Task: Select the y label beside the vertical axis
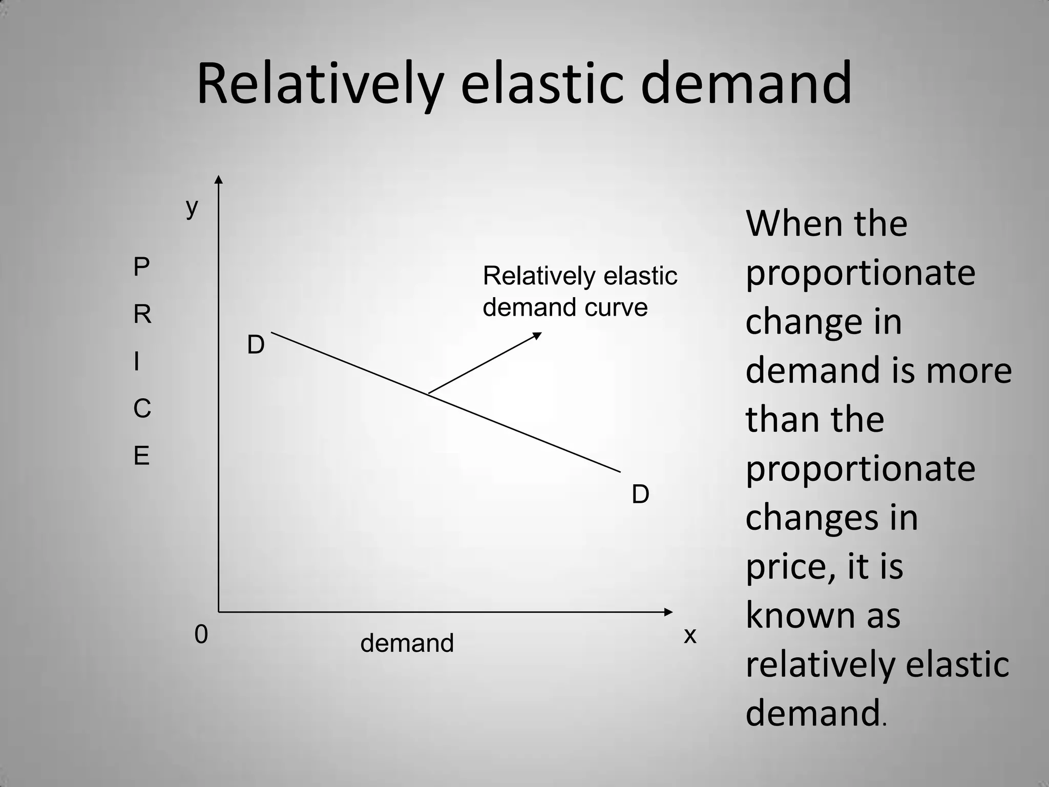point(192,208)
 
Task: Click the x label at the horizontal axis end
point(690,636)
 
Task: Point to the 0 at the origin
point(201,635)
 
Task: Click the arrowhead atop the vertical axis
point(219,179)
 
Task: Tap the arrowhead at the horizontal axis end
point(668,612)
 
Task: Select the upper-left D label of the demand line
point(256,345)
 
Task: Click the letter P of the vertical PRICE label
point(141,267)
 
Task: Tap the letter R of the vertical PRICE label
point(142,314)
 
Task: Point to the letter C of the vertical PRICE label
point(142,409)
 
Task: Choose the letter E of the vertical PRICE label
point(141,455)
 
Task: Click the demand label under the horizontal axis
point(407,643)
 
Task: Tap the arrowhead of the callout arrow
point(537,335)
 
